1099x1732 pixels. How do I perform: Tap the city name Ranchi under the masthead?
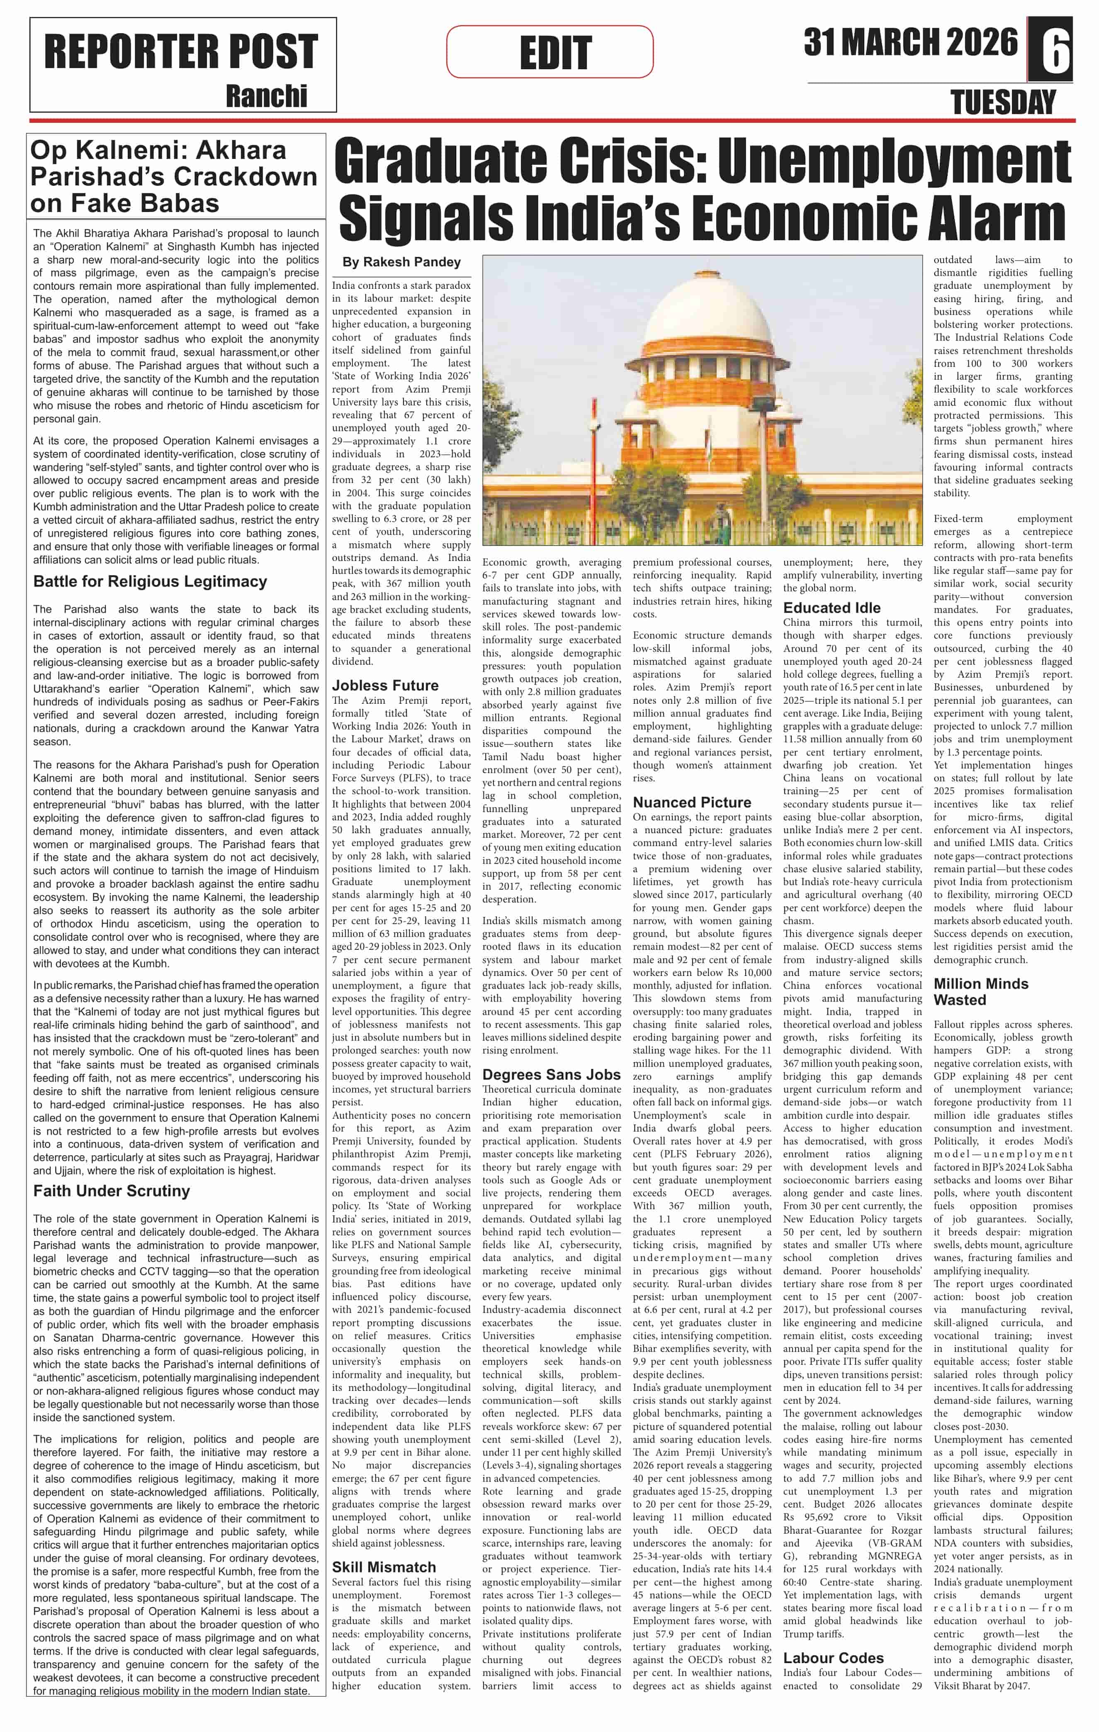pos(266,96)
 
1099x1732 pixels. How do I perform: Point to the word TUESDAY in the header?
pos(1003,103)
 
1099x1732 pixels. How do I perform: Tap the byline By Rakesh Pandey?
pos(401,263)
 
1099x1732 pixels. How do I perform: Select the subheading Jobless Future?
pos(385,685)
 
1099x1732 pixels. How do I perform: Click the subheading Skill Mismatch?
pos(384,1567)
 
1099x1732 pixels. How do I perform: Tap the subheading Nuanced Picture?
pos(691,803)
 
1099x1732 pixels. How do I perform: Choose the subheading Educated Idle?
pos(832,608)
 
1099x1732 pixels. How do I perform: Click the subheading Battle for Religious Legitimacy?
pos(150,582)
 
